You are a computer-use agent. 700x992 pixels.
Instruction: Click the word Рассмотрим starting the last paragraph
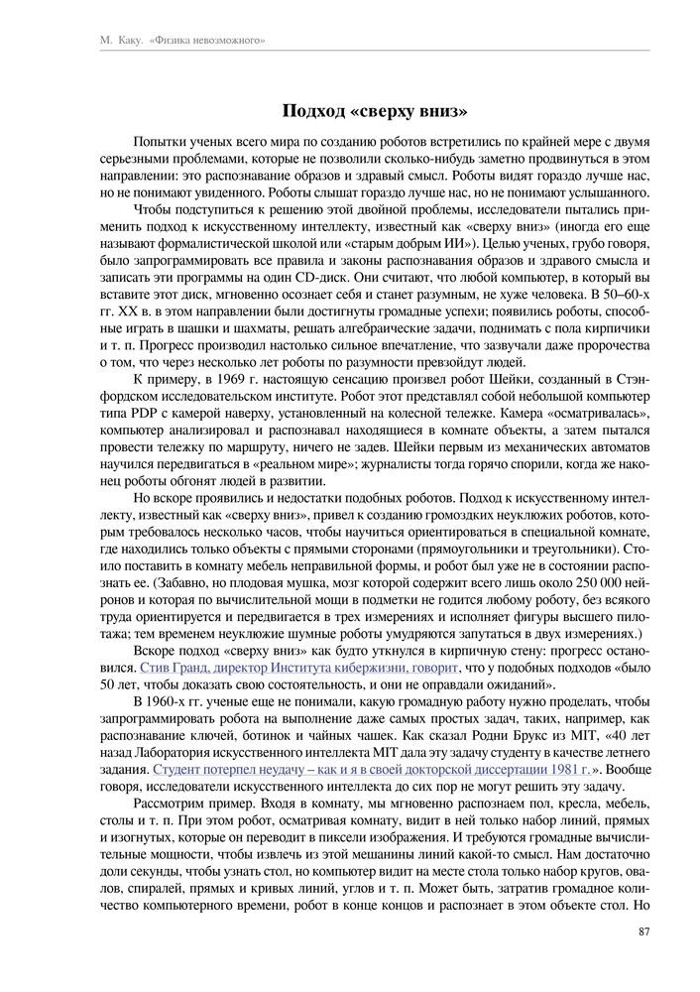point(172,806)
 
